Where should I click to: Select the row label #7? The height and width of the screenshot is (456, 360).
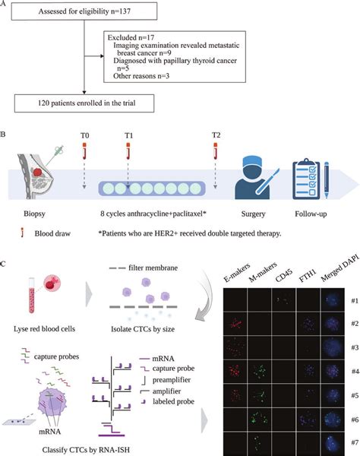point(349,442)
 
